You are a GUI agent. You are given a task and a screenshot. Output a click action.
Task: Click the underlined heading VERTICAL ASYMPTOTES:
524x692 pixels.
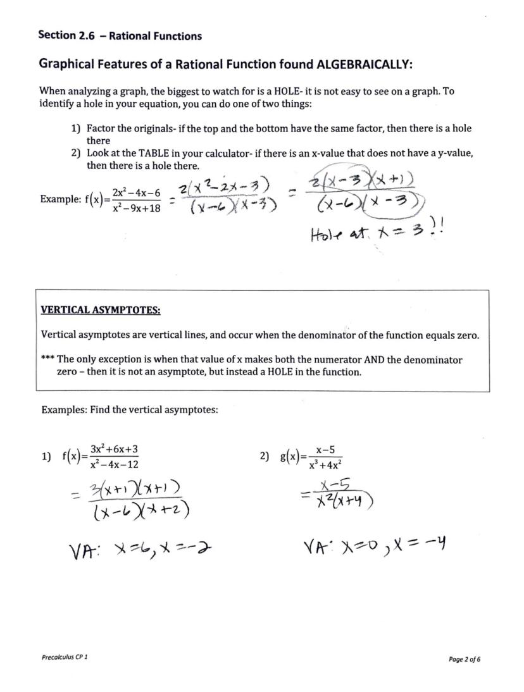coord(101,310)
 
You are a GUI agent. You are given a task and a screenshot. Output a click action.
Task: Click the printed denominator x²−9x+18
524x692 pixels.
coord(136,206)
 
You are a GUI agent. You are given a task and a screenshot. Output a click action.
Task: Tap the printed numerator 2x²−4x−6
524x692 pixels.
coord(136,192)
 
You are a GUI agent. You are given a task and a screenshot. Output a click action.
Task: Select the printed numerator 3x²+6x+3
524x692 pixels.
coord(115,450)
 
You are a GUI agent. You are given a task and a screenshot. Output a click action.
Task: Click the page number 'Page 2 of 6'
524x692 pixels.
coord(465,659)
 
